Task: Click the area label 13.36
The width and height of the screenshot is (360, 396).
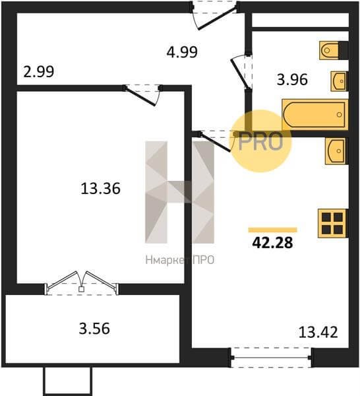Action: (100, 189)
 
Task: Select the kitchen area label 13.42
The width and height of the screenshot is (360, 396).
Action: (318, 332)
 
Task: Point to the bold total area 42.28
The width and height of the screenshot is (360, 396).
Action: (272, 243)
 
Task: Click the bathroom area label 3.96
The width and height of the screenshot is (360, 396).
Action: (292, 80)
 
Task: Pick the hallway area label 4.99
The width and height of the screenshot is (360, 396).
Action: (182, 52)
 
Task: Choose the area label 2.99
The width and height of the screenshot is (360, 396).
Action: (39, 71)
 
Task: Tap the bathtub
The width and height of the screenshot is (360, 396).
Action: (315, 115)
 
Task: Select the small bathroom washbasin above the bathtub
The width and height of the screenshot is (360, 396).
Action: (339, 81)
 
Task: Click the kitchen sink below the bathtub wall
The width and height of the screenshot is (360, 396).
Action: (336, 150)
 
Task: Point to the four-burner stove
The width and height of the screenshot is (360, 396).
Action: (332, 223)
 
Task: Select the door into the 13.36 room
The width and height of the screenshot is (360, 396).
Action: (143, 95)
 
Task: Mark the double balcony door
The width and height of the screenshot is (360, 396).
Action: (81, 283)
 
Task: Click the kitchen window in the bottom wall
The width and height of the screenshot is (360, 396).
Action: (271, 357)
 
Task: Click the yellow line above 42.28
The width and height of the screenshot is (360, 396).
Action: (273, 230)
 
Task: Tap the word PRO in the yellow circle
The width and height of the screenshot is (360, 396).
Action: (260, 142)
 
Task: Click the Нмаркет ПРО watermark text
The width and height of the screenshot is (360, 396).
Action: (180, 260)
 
